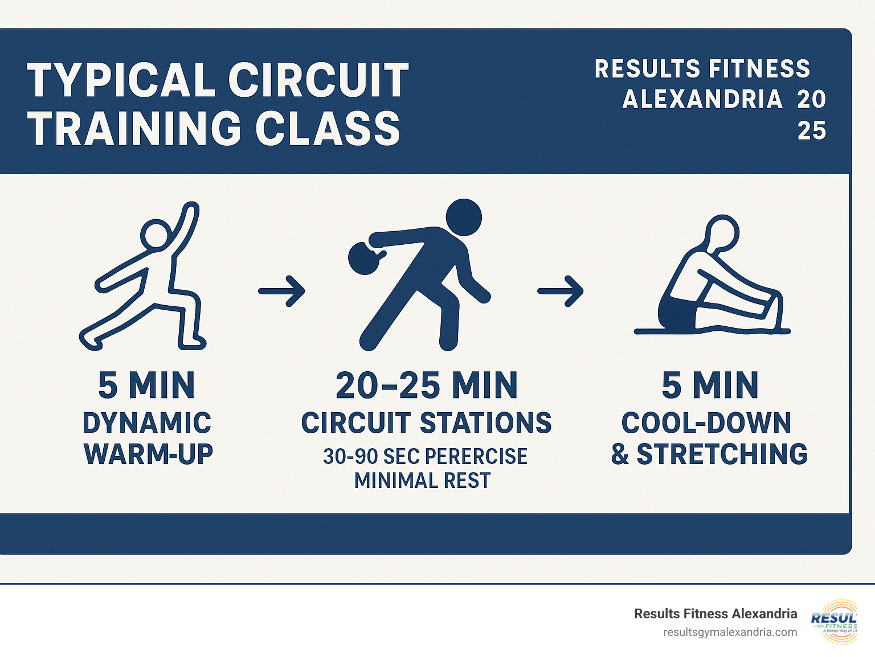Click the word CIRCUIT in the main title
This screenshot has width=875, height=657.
tap(318, 80)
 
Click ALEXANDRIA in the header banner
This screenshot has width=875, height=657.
tap(702, 99)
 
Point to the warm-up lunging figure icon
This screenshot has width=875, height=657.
tap(145, 279)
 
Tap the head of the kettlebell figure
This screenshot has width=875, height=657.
tap(463, 217)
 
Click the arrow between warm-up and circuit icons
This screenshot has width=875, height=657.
tap(281, 291)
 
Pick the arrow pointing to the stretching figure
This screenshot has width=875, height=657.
tap(561, 291)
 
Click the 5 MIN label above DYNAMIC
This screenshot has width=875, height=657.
tap(146, 385)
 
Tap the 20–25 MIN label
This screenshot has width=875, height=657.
tap(427, 385)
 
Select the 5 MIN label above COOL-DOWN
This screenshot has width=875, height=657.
tap(710, 385)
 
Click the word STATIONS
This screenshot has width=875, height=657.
tap(486, 423)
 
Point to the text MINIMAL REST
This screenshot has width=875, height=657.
tap(422, 481)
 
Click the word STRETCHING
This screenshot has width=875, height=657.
tap(722, 454)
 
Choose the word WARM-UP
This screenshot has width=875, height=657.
tap(148, 454)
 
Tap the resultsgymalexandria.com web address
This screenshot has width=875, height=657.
tap(730, 632)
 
